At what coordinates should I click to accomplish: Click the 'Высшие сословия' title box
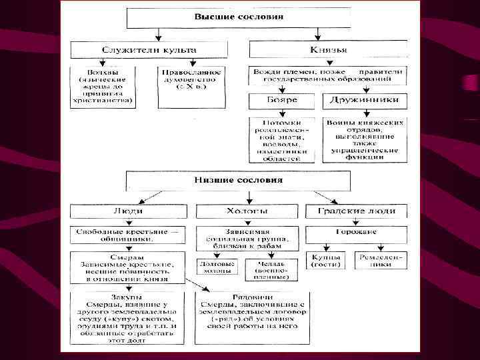click(238, 17)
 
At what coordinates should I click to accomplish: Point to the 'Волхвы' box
click(103, 87)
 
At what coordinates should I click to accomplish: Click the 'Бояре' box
click(282, 101)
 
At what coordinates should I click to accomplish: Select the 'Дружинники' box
click(363, 101)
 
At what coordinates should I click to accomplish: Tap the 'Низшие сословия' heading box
click(238, 180)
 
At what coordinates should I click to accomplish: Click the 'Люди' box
click(127, 211)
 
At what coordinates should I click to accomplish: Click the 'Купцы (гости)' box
click(325, 260)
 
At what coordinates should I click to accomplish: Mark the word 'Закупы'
click(126, 297)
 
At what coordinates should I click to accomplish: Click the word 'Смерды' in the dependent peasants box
click(127, 257)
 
